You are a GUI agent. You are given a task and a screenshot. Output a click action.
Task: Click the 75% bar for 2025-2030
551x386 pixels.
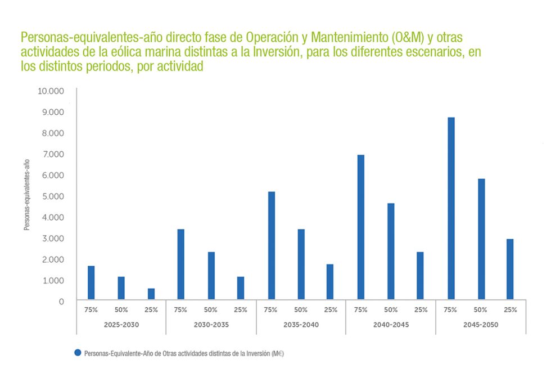pyautogui.click(x=91, y=282)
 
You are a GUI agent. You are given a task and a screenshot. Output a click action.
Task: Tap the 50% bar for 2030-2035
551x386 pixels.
pyautogui.click(x=211, y=275)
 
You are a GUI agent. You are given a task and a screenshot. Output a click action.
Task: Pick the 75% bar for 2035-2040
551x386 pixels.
pyautogui.click(x=272, y=245)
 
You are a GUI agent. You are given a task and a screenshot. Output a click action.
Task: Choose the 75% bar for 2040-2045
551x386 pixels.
pyautogui.click(x=361, y=227)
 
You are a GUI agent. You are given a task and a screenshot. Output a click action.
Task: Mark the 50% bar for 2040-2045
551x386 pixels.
pyautogui.click(x=391, y=251)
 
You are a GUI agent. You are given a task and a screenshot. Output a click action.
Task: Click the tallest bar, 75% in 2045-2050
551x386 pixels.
pyautogui.click(x=451, y=208)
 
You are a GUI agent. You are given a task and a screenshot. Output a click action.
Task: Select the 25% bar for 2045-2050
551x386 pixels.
pyautogui.click(x=510, y=269)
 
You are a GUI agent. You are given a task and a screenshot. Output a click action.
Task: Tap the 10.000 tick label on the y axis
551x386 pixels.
pyautogui.click(x=51, y=91)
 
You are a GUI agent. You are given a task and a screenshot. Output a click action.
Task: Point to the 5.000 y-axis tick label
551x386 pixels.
pyautogui.click(x=53, y=196)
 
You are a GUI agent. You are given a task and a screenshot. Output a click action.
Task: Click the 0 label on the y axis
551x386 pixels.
pyautogui.click(x=60, y=302)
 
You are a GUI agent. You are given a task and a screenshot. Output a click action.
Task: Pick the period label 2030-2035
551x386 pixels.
pyautogui.click(x=211, y=325)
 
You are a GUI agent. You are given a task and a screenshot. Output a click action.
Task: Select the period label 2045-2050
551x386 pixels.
pyautogui.click(x=481, y=325)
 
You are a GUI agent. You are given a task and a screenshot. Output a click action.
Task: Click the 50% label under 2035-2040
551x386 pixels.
pyautogui.click(x=301, y=309)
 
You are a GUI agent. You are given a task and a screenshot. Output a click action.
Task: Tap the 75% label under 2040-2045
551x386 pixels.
pyautogui.click(x=361, y=309)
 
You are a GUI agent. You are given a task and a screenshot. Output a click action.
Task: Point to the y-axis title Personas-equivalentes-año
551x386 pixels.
pyautogui.click(x=26, y=195)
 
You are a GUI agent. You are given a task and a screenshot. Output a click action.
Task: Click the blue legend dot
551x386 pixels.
pyautogui.click(x=78, y=353)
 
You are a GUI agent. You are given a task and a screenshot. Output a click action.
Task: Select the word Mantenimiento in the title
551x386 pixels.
pyautogui.click(x=349, y=38)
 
